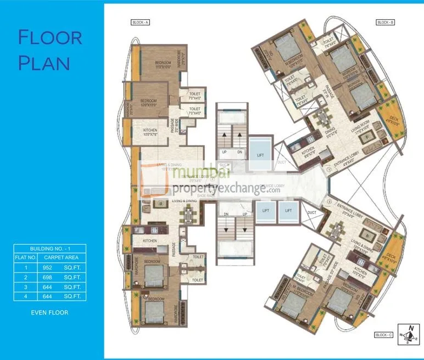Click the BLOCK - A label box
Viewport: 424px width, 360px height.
pos(141,22)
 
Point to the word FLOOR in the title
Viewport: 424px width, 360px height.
pos(50,38)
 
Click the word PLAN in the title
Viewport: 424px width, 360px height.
pos(44,63)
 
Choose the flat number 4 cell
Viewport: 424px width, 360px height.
pos(25,296)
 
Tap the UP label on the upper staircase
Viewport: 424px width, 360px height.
pos(224,152)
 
